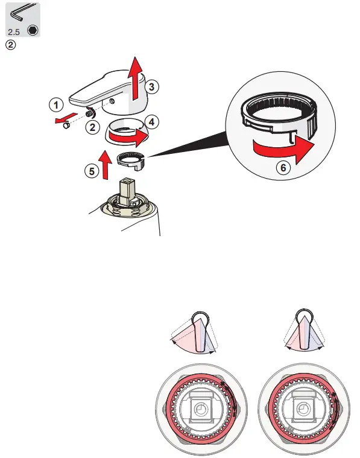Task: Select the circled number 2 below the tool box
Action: tap(10, 45)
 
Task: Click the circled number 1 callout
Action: tap(55, 104)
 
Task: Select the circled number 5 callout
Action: tap(90, 171)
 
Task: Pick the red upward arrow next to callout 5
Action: tap(106, 165)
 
